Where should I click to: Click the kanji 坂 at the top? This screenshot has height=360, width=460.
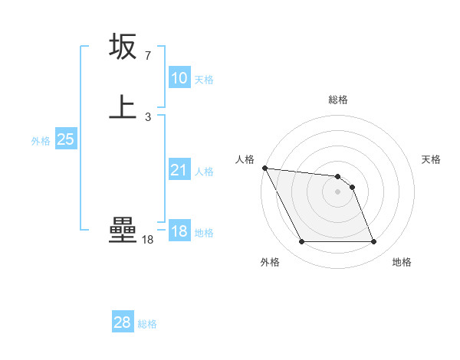coord(123,47)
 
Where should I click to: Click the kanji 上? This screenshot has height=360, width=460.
coord(123,107)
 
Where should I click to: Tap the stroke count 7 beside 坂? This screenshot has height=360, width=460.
coord(147,56)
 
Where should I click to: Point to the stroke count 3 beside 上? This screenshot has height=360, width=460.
coord(147,117)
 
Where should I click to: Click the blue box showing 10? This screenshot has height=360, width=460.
coord(179,78)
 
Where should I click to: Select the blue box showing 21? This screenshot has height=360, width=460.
coord(179,170)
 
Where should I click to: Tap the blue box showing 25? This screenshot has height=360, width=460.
coord(66,139)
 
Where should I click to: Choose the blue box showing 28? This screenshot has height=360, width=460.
coord(123,322)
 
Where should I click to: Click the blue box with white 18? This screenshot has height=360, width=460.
coord(179,231)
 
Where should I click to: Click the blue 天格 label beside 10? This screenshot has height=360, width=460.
coord(204,80)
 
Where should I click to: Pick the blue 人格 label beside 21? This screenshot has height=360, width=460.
coord(204,172)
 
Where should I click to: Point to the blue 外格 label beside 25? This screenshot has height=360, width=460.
coord(41,141)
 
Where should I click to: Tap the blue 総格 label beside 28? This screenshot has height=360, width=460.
coord(147,324)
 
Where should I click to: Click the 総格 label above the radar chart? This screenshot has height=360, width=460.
coord(338,100)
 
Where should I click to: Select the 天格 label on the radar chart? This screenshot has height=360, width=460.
coord(432,159)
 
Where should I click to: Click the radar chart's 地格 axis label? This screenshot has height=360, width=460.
coord(402,262)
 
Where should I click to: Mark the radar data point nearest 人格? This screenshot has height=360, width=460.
coord(264,168)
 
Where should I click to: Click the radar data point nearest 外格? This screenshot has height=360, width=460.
coord(301,242)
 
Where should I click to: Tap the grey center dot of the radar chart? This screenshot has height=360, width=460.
coord(337,191)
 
